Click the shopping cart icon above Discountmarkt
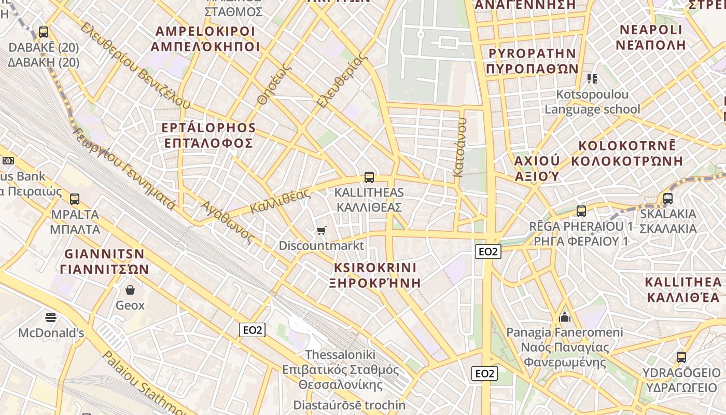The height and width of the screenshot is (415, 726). point(322,230)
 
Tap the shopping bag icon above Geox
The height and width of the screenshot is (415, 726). point(130,289)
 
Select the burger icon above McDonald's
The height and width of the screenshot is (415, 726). point(51,317)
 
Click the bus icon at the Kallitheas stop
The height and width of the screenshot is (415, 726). point(369,177)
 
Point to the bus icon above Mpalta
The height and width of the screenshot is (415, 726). point(75,199)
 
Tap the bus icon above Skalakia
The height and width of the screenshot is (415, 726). point(668,198)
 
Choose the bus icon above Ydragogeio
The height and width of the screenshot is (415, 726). point(681,357)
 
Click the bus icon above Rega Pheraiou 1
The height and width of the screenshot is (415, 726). point(581,211)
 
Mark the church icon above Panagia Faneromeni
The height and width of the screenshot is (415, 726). point(565,316)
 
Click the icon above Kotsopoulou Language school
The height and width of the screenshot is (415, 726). point(592,79)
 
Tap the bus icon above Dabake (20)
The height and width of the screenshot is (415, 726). point(44,32)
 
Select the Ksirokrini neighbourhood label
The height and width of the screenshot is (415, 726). point(375,275)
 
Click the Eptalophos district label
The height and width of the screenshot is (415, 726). point(208,135)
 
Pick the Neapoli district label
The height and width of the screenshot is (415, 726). point(651,37)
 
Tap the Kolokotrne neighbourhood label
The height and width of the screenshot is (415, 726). point(627,153)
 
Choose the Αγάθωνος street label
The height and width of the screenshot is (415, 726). point(228,222)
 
